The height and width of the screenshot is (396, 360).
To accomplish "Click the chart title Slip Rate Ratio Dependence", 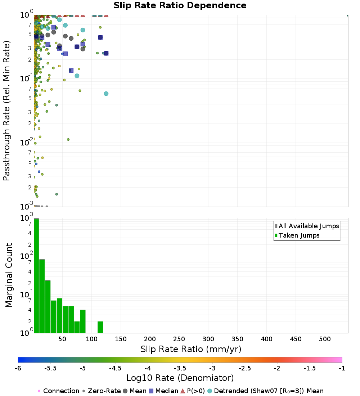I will click(x=180, y=6).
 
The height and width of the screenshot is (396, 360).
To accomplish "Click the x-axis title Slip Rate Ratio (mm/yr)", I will click(x=191, y=349).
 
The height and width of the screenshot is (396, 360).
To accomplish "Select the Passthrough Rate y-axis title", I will click(x=6, y=111).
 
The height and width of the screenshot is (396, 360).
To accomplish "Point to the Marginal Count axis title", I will click(x=9, y=275).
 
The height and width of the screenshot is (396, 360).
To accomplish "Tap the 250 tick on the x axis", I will click(x=179, y=339).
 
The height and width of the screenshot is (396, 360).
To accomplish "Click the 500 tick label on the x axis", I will click(x=325, y=339).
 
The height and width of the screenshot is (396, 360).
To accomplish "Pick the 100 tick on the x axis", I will click(x=92, y=339).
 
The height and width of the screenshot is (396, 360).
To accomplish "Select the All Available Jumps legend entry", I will click(x=309, y=226).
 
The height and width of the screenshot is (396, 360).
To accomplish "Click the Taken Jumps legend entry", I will click(x=299, y=236).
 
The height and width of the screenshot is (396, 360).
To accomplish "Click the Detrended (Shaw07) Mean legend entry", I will click(x=269, y=391).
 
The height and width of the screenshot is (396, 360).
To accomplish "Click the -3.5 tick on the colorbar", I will click(x=180, y=368).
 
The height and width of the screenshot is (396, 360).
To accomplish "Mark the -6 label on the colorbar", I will click(x=18, y=368).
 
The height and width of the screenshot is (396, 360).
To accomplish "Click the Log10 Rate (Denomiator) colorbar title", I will click(x=180, y=378).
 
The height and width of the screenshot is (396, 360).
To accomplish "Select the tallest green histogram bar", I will click(x=36, y=276).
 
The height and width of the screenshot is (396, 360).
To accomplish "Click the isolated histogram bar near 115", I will click(x=100, y=327).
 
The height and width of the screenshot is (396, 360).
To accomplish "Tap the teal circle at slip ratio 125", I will click(x=106, y=94).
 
